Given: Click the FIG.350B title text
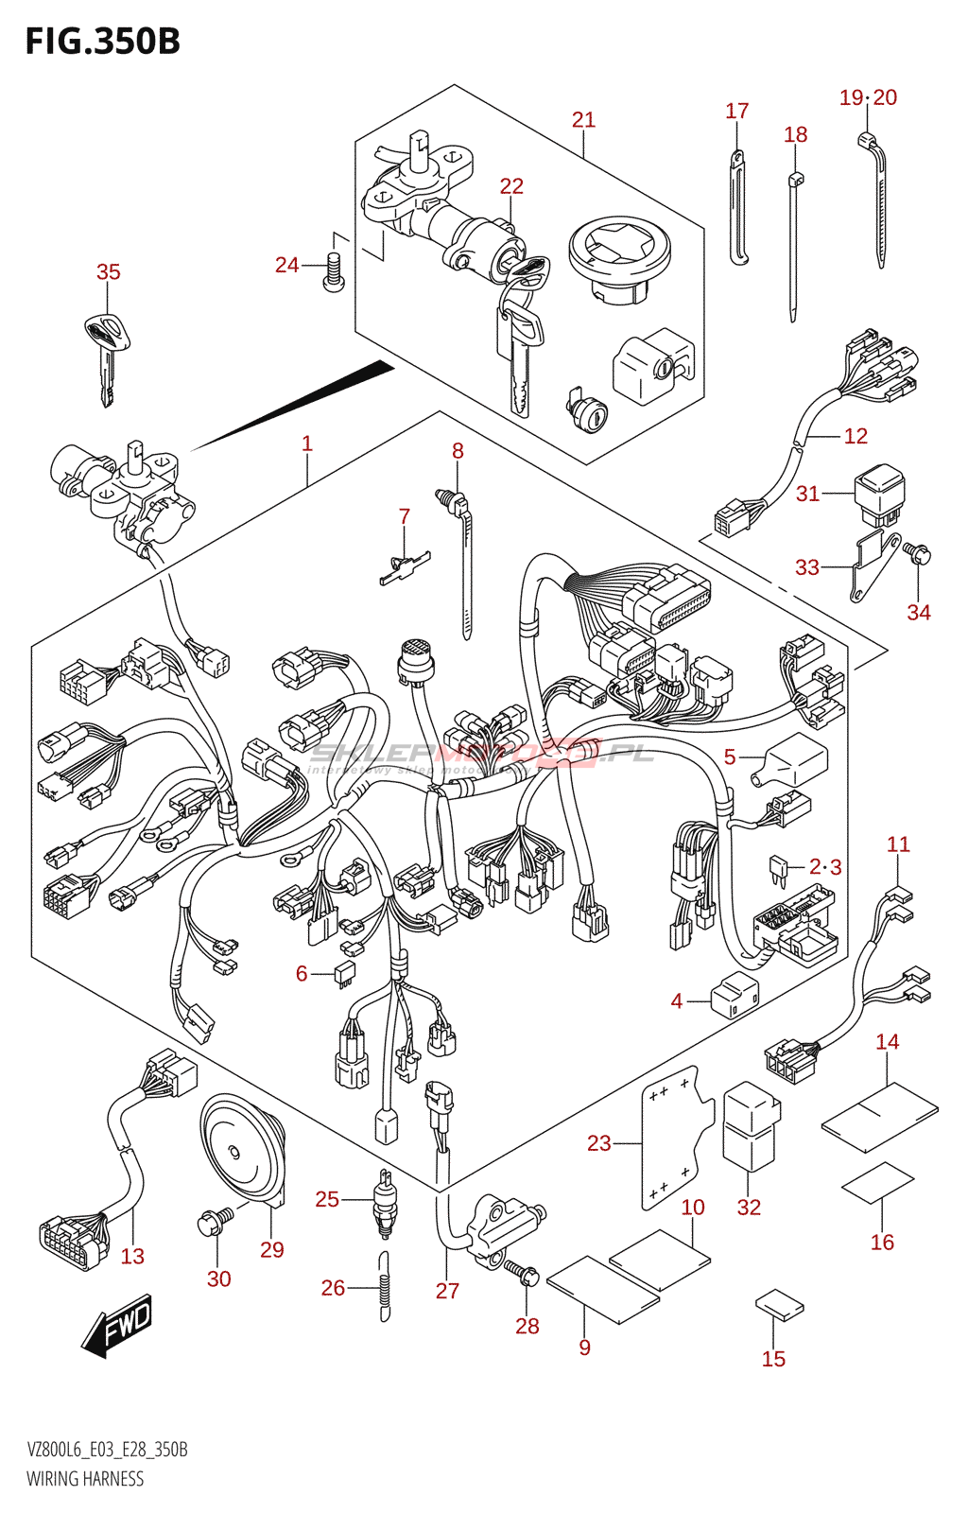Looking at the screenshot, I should click(x=102, y=42).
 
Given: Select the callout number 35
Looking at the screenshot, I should click(x=109, y=272).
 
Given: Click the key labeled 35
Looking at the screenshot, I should click(x=107, y=350).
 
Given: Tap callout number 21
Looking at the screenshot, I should click(x=583, y=120).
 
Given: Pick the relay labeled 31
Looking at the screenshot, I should click(x=879, y=494).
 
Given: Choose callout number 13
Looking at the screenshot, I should click(x=132, y=1257).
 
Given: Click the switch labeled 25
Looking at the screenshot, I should click(x=385, y=1202).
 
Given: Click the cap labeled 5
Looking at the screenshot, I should click(x=794, y=761).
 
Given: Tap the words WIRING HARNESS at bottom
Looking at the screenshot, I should click(x=85, y=1479).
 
